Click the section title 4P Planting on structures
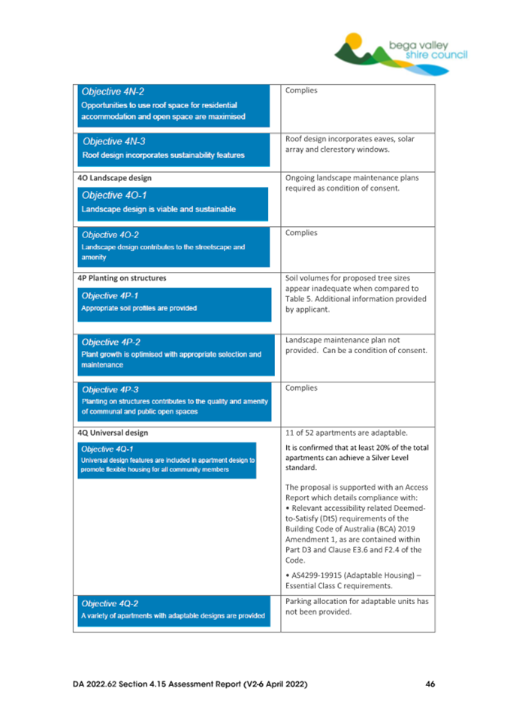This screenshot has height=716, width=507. click(x=122, y=278)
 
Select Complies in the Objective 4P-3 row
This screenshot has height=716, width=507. click(x=302, y=388)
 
